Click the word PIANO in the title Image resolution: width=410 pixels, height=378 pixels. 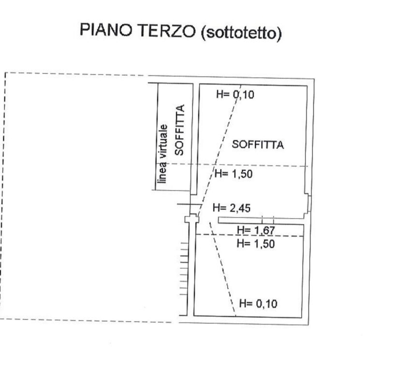click(105, 29)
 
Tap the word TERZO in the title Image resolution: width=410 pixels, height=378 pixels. click(166, 31)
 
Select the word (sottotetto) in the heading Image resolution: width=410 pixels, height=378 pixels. click(241, 33)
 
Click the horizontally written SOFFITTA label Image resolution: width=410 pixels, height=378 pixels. click(258, 145)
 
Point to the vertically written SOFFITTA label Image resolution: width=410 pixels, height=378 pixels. click(180, 130)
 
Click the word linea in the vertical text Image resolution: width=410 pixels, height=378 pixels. click(162, 172)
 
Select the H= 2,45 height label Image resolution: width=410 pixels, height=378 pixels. click(232, 208)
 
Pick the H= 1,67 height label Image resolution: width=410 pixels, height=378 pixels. click(256, 230)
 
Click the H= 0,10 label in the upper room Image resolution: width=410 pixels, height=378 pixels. click(235, 94)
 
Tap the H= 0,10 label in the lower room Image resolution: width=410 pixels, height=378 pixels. click(258, 303)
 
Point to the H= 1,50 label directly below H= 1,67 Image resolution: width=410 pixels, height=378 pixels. click(256, 244)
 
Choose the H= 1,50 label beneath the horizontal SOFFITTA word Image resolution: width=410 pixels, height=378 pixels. click(234, 174)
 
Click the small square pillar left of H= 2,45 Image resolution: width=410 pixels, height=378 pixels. click(192, 219)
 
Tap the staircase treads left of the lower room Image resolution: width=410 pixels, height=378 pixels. click(184, 269)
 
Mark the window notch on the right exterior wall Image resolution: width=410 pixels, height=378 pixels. click(307, 203)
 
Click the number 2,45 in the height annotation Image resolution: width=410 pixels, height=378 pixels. click(240, 208)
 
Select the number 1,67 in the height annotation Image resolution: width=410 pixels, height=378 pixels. click(264, 230)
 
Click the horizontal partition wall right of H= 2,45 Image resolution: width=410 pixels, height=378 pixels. click(261, 221)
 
